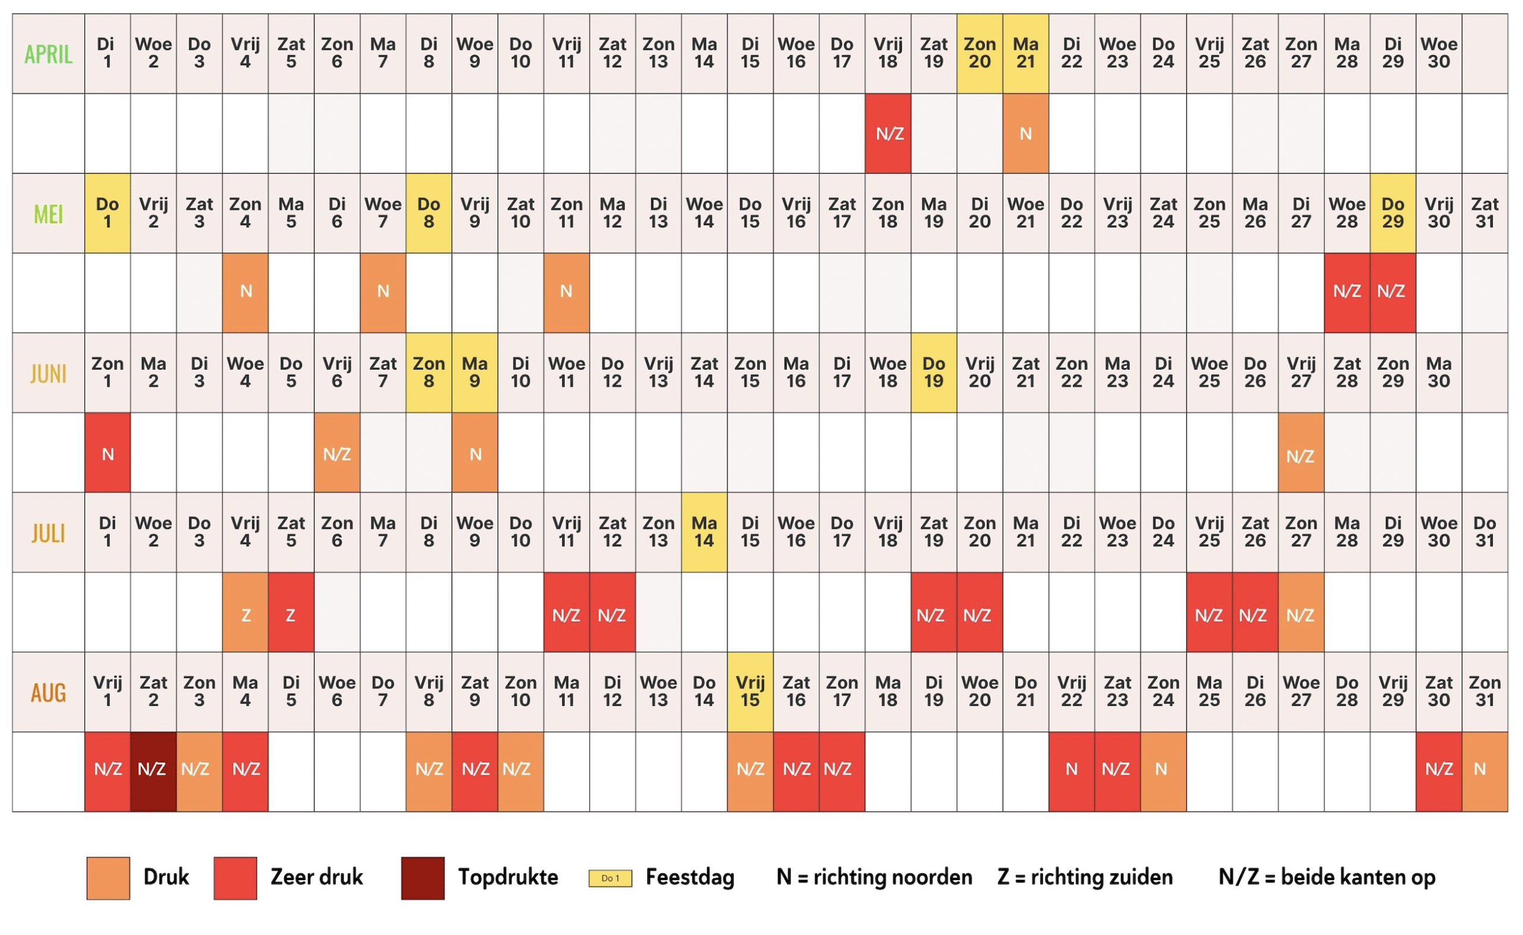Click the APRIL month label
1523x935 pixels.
click(48, 54)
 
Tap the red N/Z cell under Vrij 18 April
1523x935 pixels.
click(888, 133)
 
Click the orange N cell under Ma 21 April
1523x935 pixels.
click(1026, 133)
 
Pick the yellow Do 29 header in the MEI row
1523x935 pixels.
click(1393, 213)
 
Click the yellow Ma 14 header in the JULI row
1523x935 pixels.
click(704, 533)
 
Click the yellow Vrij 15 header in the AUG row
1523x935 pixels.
click(750, 692)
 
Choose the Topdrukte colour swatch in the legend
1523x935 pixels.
click(423, 877)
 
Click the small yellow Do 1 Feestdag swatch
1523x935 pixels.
click(610, 878)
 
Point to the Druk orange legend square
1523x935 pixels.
click(108, 877)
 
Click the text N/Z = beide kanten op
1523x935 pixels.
click(1327, 877)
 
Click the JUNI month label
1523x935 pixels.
click(48, 374)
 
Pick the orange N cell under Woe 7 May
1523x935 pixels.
click(383, 292)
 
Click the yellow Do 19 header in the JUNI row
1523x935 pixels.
click(933, 373)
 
